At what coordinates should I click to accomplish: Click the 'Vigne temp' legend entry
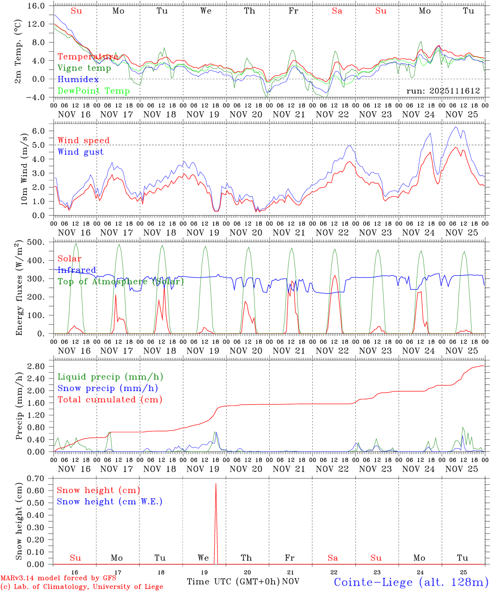pos(84,68)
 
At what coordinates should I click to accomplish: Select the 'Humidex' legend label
pos(78,79)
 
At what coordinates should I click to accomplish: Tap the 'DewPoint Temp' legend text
pos(94,91)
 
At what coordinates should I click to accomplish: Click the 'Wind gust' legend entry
pos(80,152)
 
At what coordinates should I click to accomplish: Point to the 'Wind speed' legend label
pos(84,140)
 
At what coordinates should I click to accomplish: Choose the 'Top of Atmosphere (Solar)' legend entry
pos(121,282)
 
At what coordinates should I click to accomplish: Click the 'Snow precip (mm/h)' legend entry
pos(108,388)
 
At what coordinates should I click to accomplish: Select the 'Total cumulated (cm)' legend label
pos(110,399)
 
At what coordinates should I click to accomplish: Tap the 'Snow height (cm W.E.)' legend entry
pos(110,502)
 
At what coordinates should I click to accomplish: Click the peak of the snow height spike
pos(216,484)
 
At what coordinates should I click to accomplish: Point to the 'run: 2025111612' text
pos(443,91)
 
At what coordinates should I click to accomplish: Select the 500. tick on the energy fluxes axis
pos(37,242)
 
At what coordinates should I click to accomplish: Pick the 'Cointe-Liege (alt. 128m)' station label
pos(411,582)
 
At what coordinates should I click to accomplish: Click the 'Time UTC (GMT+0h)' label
pos(233,582)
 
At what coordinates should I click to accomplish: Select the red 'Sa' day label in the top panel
pos(337,11)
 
